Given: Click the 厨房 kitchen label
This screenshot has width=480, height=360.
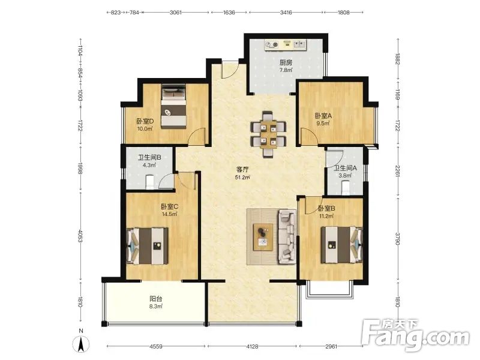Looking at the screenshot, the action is click(x=286, y=63).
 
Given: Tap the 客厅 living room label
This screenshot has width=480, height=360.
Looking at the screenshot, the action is click(x=242, y=169).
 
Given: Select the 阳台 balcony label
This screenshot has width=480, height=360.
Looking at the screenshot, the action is click(x=156, y=298).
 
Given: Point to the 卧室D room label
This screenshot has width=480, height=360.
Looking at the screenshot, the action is click(x=145, y=121).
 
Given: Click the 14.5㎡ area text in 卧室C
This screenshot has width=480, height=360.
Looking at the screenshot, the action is click(x=170, y=214).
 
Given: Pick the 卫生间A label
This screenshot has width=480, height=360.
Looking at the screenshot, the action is click(x=345, y=168).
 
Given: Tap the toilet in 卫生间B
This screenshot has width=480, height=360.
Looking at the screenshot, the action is click(x=149, y=181).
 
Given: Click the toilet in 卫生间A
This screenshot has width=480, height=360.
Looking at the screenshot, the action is click(x=346, y=187).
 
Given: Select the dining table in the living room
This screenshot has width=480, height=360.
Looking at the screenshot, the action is click(x=268, y=134).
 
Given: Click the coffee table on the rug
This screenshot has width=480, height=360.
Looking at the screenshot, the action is click(x=263, y=237).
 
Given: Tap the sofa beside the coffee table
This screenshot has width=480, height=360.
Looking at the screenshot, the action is click(x=287, y=236).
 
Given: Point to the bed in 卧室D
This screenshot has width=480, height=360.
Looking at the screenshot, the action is click(x=173, y=106).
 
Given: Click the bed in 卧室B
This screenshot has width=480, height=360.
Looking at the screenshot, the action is click(x=341, y=245).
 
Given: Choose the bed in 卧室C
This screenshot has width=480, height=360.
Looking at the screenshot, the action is click(x=147, y=246).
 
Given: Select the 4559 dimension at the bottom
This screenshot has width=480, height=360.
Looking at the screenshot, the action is click(x=156, y=347).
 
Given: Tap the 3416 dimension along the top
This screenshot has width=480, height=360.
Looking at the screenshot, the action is click(x=286, y=13).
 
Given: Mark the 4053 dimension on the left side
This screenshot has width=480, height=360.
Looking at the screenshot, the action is click(x=80, y=236).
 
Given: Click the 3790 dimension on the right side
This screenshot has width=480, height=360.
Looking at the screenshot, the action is click(x=398, y=239).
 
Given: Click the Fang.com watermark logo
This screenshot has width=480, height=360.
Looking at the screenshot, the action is click(x=415, y=335).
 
